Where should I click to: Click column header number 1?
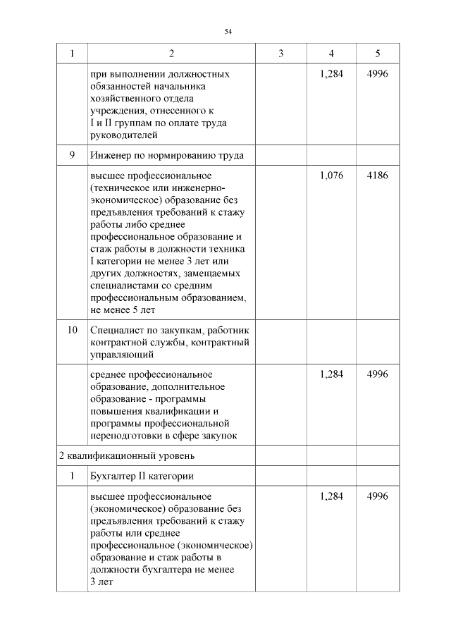pos(72,54)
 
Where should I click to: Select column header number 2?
pos(171,54)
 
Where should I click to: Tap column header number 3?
pos(280,54)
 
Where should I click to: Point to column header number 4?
pos(331,54)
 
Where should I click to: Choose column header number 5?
pos(378,54)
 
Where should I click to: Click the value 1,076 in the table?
pos(331,176)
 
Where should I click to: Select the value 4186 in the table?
pos(378,176)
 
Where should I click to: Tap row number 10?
pos(72,330)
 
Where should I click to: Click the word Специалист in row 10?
pos(114,330)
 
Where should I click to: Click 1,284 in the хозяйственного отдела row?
pos(331,74)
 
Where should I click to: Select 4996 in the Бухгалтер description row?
pos(378,497)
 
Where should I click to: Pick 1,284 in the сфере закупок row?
pos(331,374)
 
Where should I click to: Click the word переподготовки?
pos(126,436)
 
